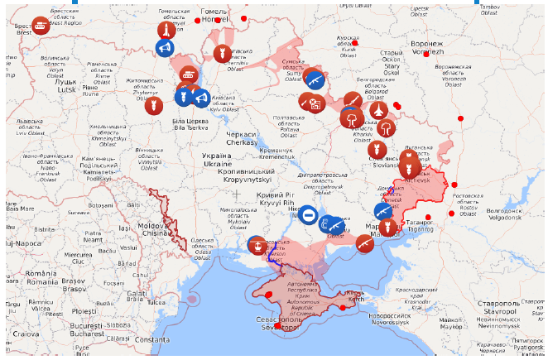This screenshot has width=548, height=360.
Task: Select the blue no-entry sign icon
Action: [307, 217]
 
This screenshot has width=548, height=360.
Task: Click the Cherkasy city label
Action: [241, 138]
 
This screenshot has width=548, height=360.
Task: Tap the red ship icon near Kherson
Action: [257, 245]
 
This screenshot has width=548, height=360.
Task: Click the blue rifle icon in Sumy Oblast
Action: [315, 80]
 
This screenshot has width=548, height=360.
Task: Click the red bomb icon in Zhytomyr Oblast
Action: [151, 105]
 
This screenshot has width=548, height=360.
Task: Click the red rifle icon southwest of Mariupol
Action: [364, 243]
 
